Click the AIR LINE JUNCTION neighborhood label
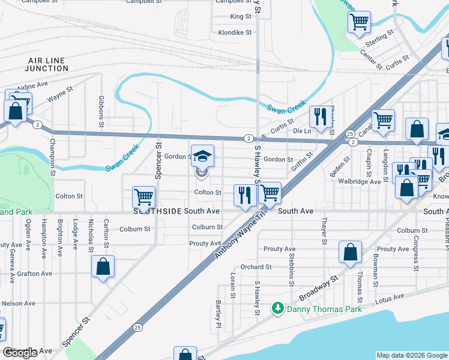point(48,64)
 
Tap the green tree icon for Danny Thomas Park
point(277,308)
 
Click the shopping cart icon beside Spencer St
point(144,196)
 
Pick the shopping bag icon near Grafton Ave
point(103,266)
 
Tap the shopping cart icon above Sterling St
point(358,22)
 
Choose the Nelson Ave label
point(17,304)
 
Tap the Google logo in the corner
point(20,353)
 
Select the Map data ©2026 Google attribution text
point(411,355)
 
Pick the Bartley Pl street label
point(219,316)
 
